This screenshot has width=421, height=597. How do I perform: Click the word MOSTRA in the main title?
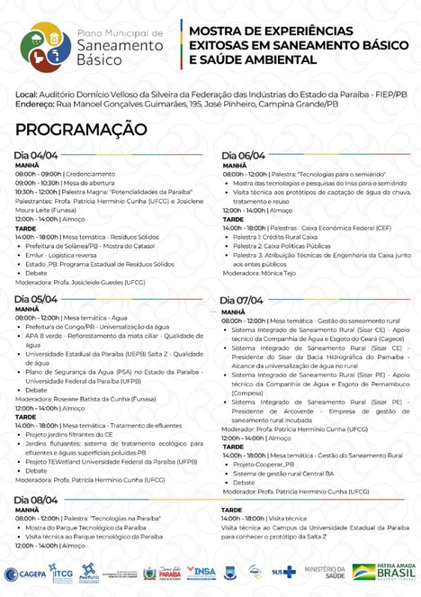217,32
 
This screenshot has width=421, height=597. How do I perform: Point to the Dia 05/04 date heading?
37,299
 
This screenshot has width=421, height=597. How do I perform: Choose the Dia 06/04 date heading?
244,156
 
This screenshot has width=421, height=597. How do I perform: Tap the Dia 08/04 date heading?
37,500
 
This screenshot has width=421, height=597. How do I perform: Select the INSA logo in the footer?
203,573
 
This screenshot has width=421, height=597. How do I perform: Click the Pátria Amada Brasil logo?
382,573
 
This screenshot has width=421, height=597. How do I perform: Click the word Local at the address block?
26,94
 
